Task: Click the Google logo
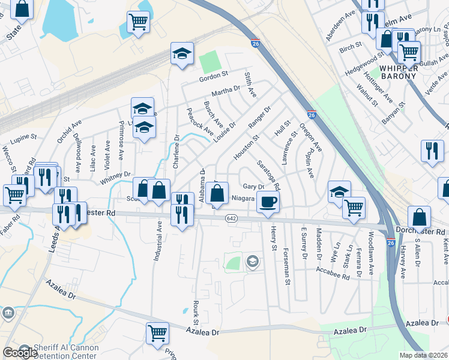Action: coord(20,352)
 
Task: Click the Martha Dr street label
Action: coord(226,92)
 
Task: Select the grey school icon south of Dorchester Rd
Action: coord(253,261)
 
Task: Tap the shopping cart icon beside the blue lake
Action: coord(138,22)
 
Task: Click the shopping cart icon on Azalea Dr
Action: coord(157,331)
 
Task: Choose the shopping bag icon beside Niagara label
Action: coord(218,193)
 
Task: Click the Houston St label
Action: coord(246,147)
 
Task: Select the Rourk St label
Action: coord(196,309)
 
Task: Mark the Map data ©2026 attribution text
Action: coord(424,355)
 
